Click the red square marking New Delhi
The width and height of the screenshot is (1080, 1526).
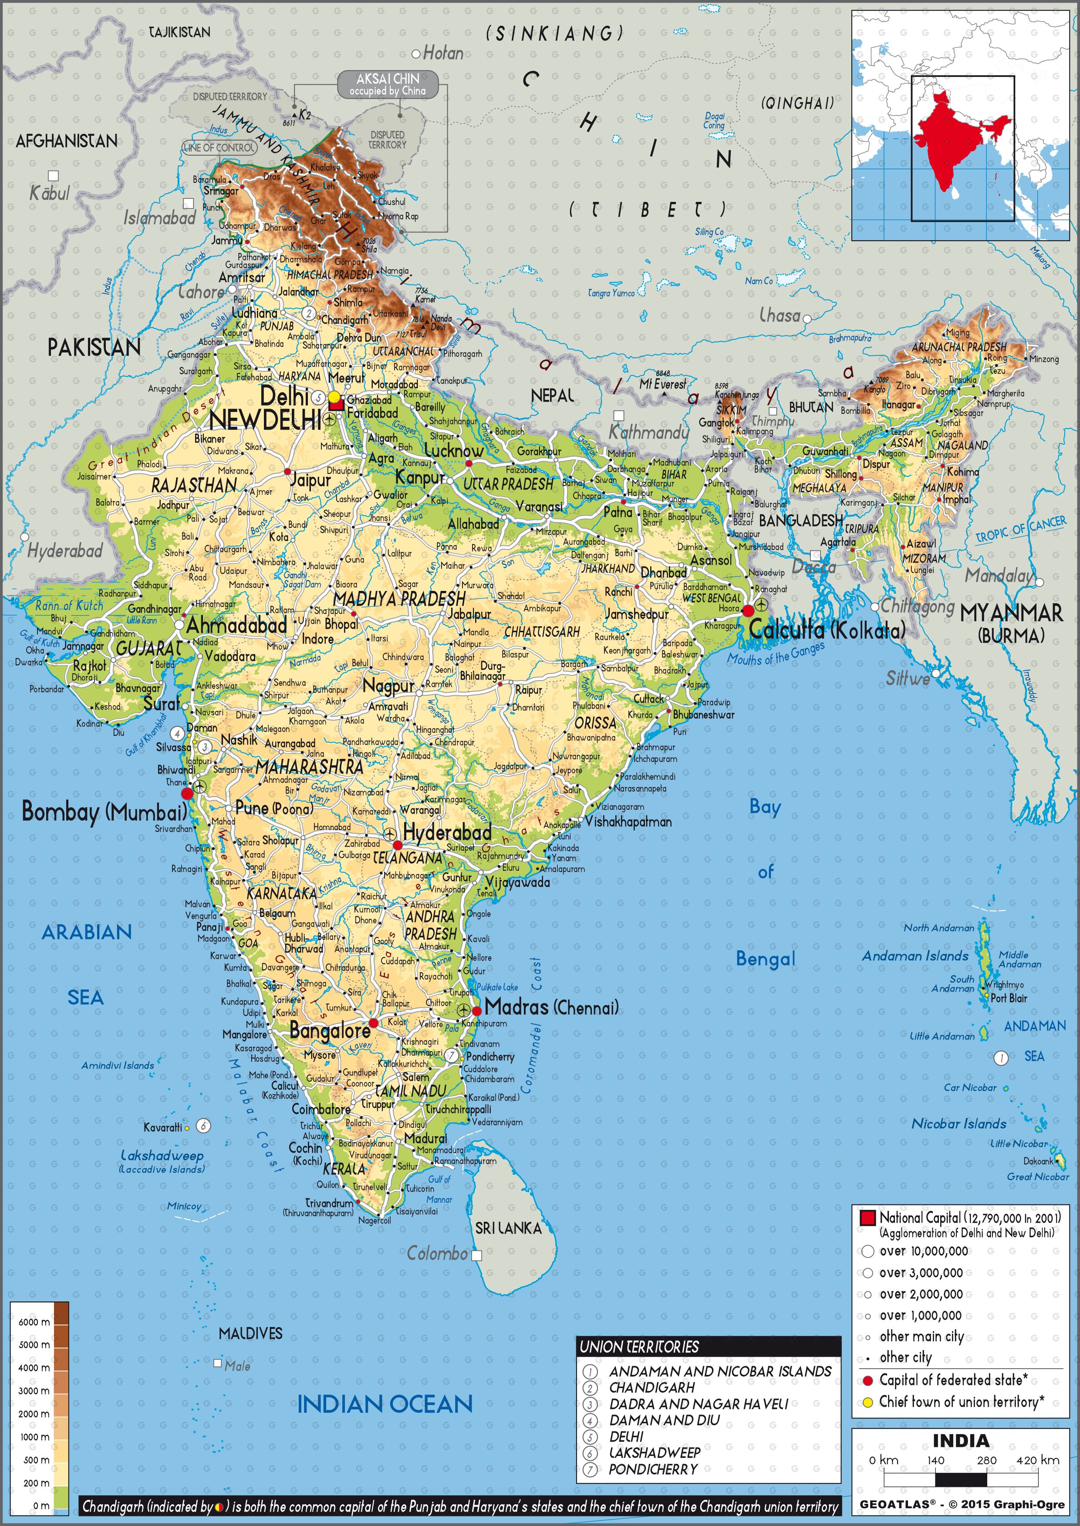tap(336, 403)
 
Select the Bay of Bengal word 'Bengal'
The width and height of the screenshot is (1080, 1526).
tap(766, 959)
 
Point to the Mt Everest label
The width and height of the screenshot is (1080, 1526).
tap(662, 384)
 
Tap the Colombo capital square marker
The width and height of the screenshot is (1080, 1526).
tap(476, 1255)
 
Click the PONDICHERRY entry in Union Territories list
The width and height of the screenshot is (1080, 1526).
tap(653, 1469)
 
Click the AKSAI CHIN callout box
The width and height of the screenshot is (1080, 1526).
tap(388, 84)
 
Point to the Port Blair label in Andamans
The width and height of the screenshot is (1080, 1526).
tap(1009, 998)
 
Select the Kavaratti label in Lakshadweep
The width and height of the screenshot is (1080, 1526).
tap(162, 1127)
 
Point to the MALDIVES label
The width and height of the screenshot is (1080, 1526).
tap(251, 1333)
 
